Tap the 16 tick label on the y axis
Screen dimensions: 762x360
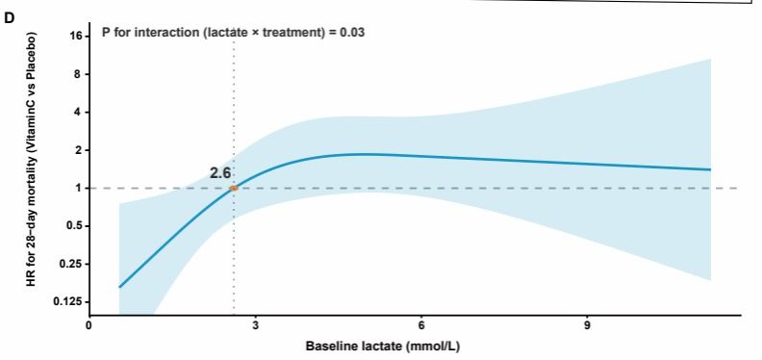(x=78, y=37)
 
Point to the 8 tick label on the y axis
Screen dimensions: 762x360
(x=81, y=74)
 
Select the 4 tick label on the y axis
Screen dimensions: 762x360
(x=81, y=113)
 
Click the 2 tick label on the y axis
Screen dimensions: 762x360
(x=81, y=150)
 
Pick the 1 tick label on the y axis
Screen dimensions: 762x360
(x=81, y=189)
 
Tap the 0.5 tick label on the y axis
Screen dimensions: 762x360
(x=76, y=226)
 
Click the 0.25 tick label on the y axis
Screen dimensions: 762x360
(x=74, y=264)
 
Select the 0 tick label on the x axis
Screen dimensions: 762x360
(x=89, y=325)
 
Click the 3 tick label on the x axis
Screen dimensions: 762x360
(x=256, y=325)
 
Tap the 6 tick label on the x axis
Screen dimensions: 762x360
(x=421, y=325)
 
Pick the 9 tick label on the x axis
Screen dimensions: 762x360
(x=588, y=325)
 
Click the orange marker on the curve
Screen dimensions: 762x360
(x=234, y=188)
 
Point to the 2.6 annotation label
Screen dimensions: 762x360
(x=220, y=172)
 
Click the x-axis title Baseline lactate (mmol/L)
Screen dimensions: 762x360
(x=383, y=346)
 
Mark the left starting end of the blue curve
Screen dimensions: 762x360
(x=119, y=287)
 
